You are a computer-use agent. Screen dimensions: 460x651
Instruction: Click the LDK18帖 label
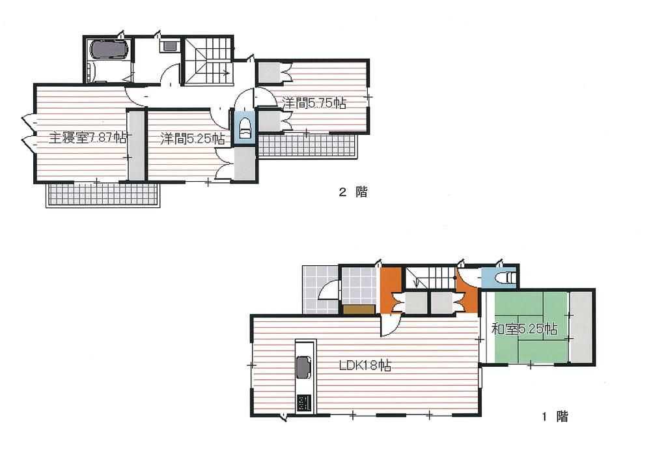pos(365,366)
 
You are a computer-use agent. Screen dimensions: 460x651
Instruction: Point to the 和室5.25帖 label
pos(524,330)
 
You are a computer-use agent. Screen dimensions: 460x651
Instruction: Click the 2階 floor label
pos(352,192)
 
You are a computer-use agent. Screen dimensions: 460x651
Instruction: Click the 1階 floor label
pos(553,417)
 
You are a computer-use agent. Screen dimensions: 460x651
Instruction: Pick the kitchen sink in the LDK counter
pos(305,369)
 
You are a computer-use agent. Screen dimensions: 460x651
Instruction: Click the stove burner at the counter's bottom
pos(305,403)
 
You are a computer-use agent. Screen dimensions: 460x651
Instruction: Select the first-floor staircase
pos(430,280)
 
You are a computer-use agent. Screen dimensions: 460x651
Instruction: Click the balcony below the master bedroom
pos(103,194)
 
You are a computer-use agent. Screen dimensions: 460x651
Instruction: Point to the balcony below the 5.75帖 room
pos(308,146)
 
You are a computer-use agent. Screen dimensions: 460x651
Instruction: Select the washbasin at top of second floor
pos(170,46)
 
